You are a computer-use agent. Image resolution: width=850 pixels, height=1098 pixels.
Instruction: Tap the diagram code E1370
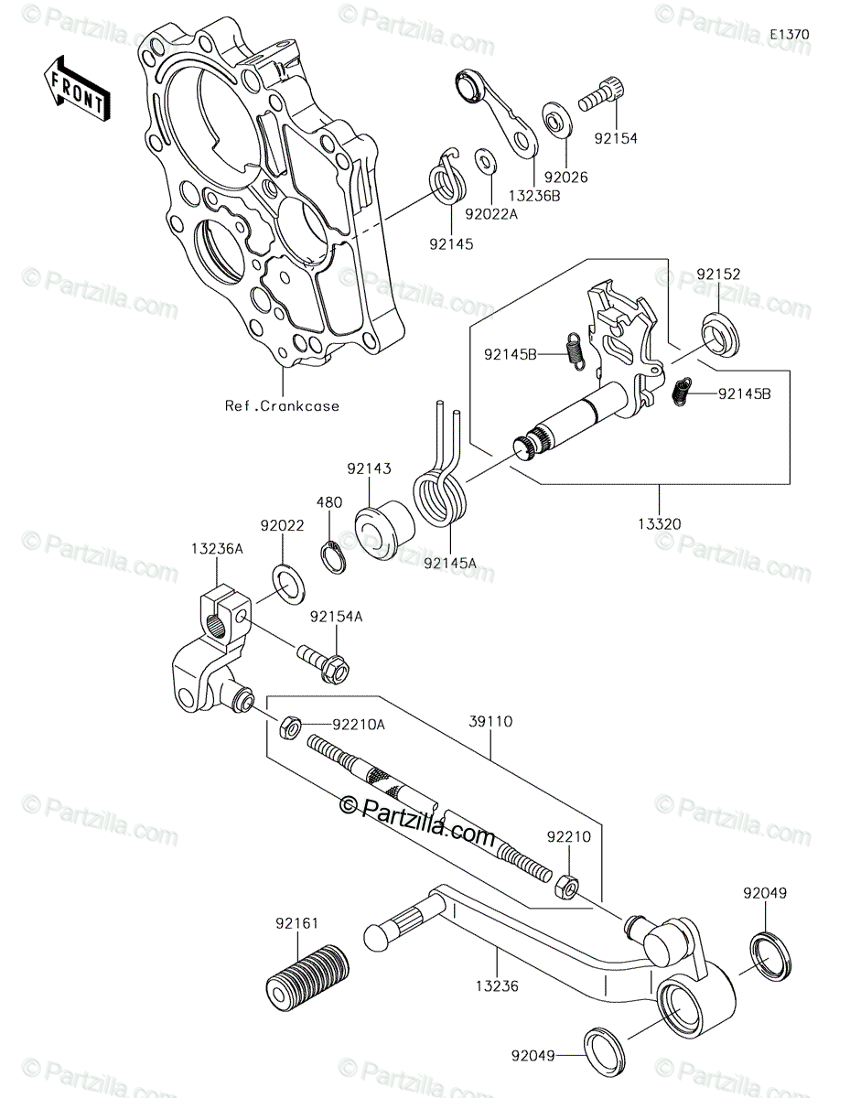pos(789,35)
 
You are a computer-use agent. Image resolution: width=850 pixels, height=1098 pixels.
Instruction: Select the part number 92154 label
pos(616,138)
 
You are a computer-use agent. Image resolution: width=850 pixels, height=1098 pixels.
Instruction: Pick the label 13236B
pos(533,196)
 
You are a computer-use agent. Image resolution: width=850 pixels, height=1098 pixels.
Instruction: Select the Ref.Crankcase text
pos(282,405)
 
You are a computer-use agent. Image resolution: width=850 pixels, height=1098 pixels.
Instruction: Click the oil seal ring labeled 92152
pos(720,336)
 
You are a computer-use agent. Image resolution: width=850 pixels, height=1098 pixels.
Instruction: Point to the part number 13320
pos(659,524)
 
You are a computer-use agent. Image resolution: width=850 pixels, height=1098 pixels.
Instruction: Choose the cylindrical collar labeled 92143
pos(384,530)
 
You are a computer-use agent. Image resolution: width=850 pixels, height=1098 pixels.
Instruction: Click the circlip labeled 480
pos(333,557)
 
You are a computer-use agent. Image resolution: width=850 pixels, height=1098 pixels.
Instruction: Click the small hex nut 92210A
pos(290,727)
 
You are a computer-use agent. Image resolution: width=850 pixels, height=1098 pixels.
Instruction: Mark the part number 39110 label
pos(490,722)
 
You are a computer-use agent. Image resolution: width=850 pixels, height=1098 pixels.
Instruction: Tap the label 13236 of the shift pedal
pos(497,985)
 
